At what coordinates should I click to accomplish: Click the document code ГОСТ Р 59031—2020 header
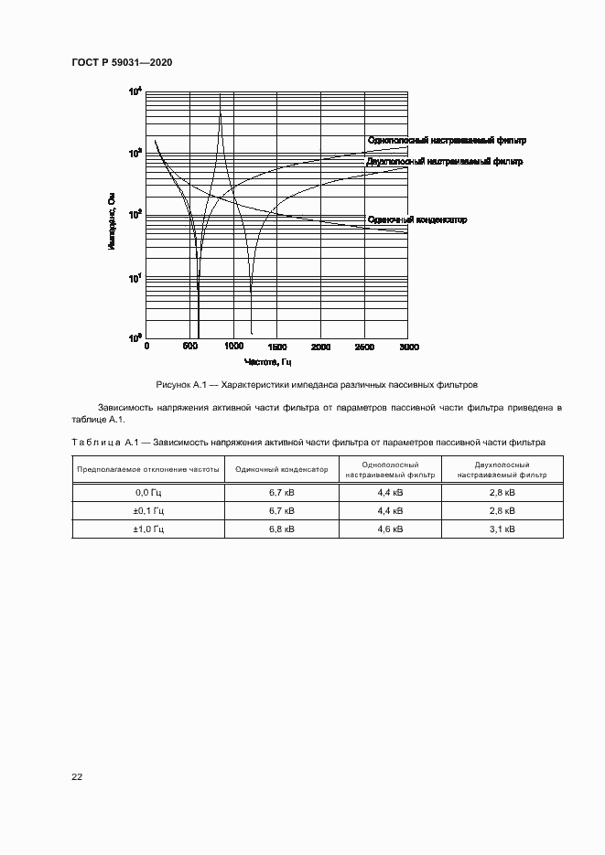click(122, 62)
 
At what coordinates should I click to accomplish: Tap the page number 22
click(77, 776)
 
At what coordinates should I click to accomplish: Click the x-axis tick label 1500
click(277, 347)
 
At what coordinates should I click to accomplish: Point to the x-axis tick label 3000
click(408, 347)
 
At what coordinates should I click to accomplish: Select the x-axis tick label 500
click(190, 347)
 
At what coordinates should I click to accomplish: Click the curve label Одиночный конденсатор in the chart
click(416, 220)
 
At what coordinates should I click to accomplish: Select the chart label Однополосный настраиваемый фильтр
click(447, 141)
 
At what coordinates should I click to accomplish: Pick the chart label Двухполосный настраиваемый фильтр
click(444, 161)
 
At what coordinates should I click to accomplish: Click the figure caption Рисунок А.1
click(317, 385)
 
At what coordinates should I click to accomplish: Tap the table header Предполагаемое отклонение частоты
click(148, 469)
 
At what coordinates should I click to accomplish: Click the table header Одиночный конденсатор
click(281, 469)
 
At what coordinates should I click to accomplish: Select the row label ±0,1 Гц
click(148, 510)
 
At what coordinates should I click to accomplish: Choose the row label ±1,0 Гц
click(148, 529)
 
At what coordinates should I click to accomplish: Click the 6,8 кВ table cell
click(281, 529)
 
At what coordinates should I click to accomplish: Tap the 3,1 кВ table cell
click(502, 529)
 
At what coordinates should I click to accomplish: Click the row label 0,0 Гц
click(148, 492)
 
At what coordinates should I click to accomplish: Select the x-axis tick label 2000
click(321, 347)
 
